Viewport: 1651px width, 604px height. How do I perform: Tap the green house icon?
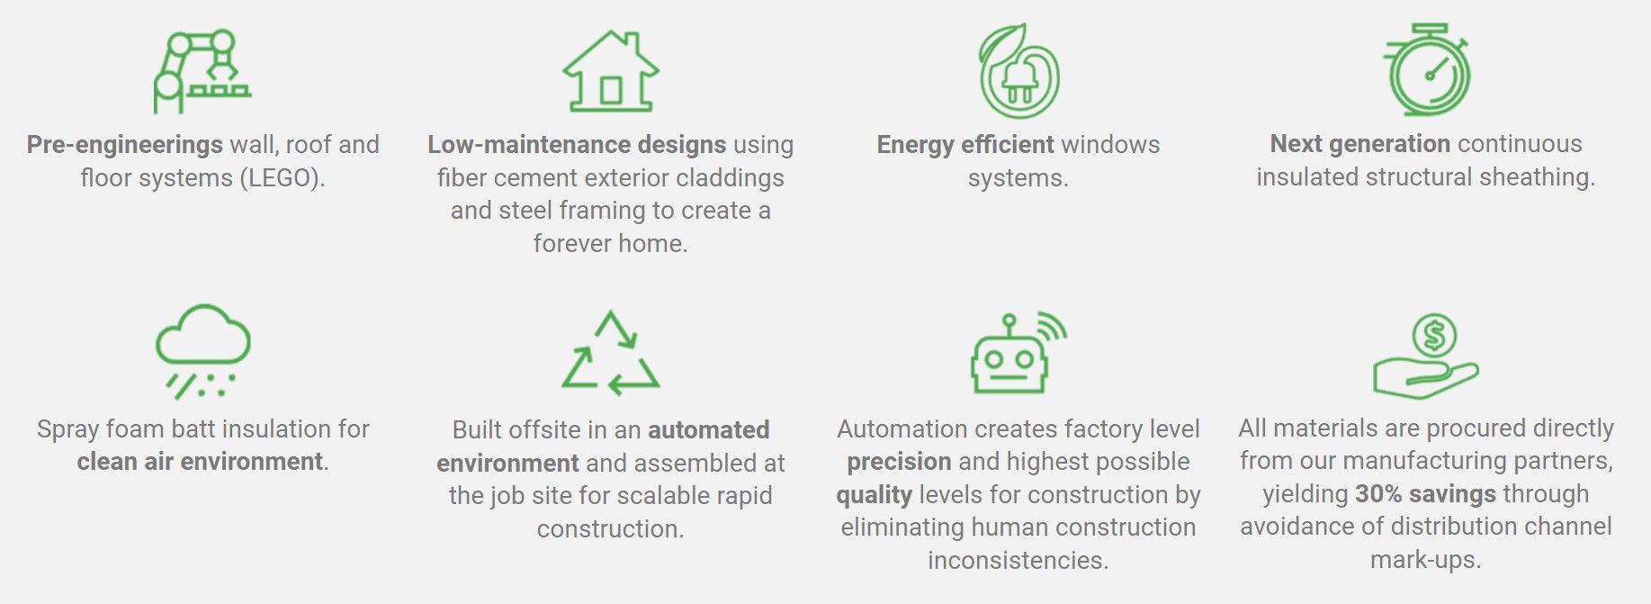(611, 71)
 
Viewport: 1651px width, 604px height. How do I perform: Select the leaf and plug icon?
(1018, 70)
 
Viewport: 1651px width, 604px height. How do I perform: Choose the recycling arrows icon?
(611, 353)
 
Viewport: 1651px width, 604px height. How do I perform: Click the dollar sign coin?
(1434, 336)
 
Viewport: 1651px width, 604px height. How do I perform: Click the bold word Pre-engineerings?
(125, 145)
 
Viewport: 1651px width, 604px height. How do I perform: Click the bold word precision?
(899, 463)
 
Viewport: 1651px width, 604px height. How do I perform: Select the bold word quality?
(874, 496)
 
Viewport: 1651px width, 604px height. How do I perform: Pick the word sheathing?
(1538, 178)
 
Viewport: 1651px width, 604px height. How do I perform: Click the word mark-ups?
(1426, 561)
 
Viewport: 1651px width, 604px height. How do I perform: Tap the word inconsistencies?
(1018, 561)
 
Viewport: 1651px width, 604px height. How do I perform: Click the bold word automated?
(709, 430)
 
